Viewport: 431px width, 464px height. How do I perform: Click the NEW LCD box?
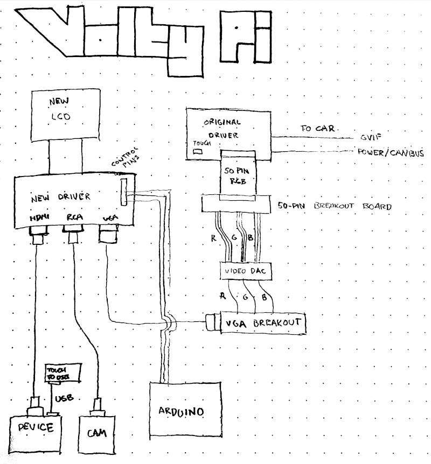[x=66, y=115]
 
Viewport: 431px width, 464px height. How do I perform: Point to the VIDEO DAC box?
[x=245, y=272]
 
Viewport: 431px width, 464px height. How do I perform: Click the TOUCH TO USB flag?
[x=62, y=374]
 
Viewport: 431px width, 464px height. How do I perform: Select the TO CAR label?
[x=318, y=129]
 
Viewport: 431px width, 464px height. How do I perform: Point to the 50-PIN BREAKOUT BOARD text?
[x=334, y=206]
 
